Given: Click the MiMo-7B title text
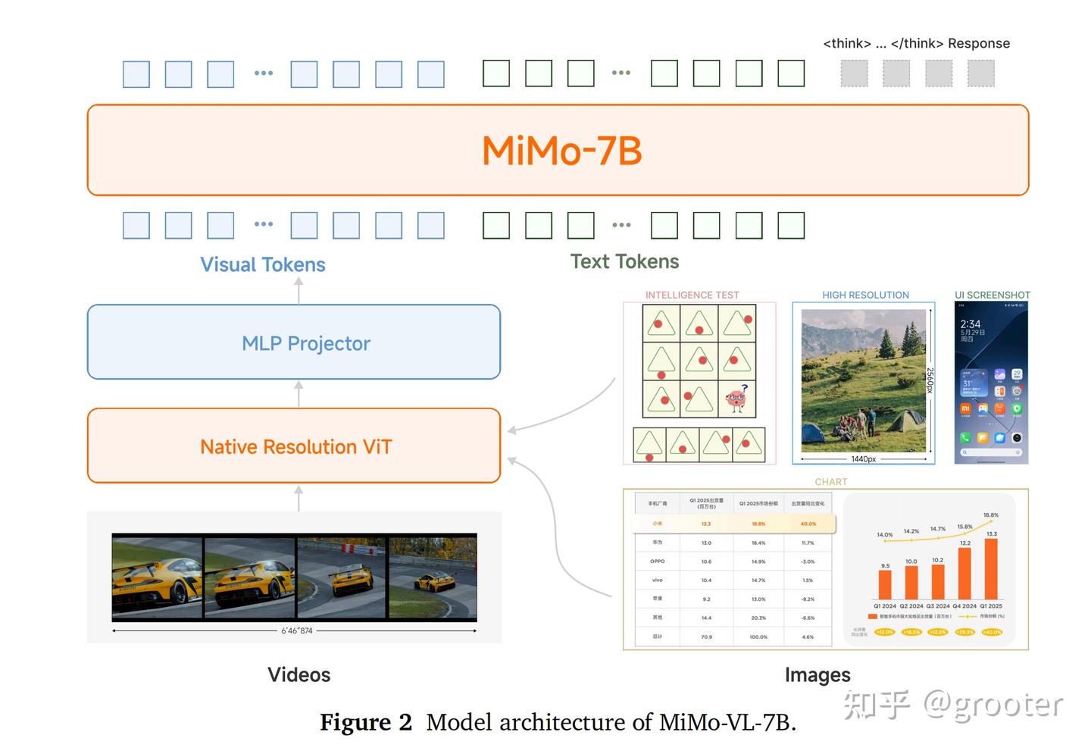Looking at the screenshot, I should click(x=561, y=150).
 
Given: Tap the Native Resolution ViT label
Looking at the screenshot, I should click(x=295, y=446).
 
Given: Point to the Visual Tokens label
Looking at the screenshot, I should click(x=262, y=264).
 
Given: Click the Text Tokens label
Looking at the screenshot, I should click(x=624, y=261).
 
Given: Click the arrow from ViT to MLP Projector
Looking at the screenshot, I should click(x=299, y=394).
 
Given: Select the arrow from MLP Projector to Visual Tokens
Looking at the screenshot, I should click(x=299, y=291).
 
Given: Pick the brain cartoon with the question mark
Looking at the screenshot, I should click(x=736, y=399).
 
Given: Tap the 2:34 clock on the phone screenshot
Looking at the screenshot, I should click(x=971, y=324).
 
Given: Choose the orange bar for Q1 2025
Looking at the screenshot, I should click(x=990, y=568).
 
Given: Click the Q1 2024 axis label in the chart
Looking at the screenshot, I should click(x=884, y=606).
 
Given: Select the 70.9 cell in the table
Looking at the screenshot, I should click(x=706, y=637).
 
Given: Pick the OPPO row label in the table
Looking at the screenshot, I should click(x=657, y=562).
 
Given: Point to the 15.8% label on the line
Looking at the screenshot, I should click(x=964, y=527).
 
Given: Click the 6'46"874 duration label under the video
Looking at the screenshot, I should click(x=296, y=630).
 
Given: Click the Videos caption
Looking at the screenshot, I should click(x=299, y=674).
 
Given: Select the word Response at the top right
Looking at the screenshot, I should click(x=979, y=43).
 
